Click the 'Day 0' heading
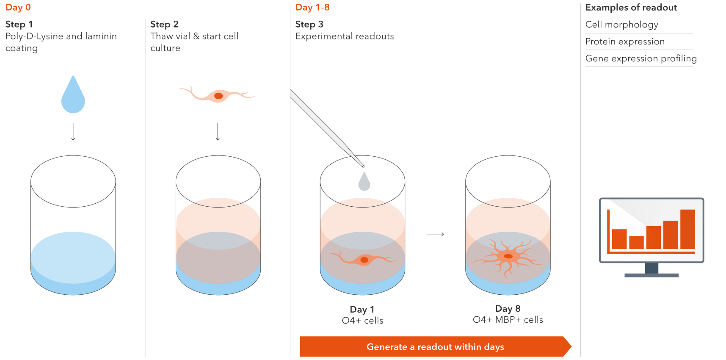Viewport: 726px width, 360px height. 18,8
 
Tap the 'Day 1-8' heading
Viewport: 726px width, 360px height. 312,8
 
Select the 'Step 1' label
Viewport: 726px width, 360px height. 19,25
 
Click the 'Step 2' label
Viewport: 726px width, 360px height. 164,25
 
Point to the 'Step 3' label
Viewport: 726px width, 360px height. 309,25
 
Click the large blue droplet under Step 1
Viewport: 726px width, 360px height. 73,97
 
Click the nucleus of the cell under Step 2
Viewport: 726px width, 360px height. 218,96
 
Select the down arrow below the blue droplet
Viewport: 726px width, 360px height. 73,132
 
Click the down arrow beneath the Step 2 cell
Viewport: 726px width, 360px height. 218,132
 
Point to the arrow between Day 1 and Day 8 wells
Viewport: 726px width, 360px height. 435,234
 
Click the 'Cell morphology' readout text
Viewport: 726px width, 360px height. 621,25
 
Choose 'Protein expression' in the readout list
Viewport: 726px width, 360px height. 625,42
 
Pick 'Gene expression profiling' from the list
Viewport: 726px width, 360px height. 641,58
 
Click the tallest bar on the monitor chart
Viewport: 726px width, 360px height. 687,229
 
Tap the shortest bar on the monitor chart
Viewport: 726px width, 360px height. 636,242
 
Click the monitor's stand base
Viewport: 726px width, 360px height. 651,275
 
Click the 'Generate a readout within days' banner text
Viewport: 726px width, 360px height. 435,347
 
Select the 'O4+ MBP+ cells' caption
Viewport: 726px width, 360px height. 508,320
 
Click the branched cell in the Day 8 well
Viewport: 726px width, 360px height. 508,257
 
